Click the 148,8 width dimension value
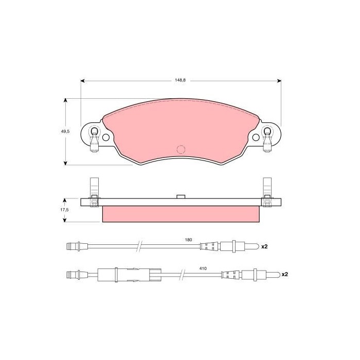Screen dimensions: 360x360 [x=180, y=80]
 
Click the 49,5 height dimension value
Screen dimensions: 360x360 [x=65, y=132]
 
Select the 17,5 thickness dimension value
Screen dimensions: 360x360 [x=64, y=210]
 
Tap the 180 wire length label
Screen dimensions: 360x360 [x=188, y=240]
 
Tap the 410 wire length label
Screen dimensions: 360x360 [x=203, y=268]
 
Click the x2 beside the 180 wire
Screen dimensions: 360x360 [x=264, y=246]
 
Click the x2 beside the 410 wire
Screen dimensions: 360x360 [x=285, y=274]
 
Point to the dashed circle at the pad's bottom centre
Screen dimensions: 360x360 [x=181, y=150]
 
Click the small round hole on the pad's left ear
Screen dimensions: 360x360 [x=106, y=137]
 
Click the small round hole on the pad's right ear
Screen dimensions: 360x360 [x=256, y=137]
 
